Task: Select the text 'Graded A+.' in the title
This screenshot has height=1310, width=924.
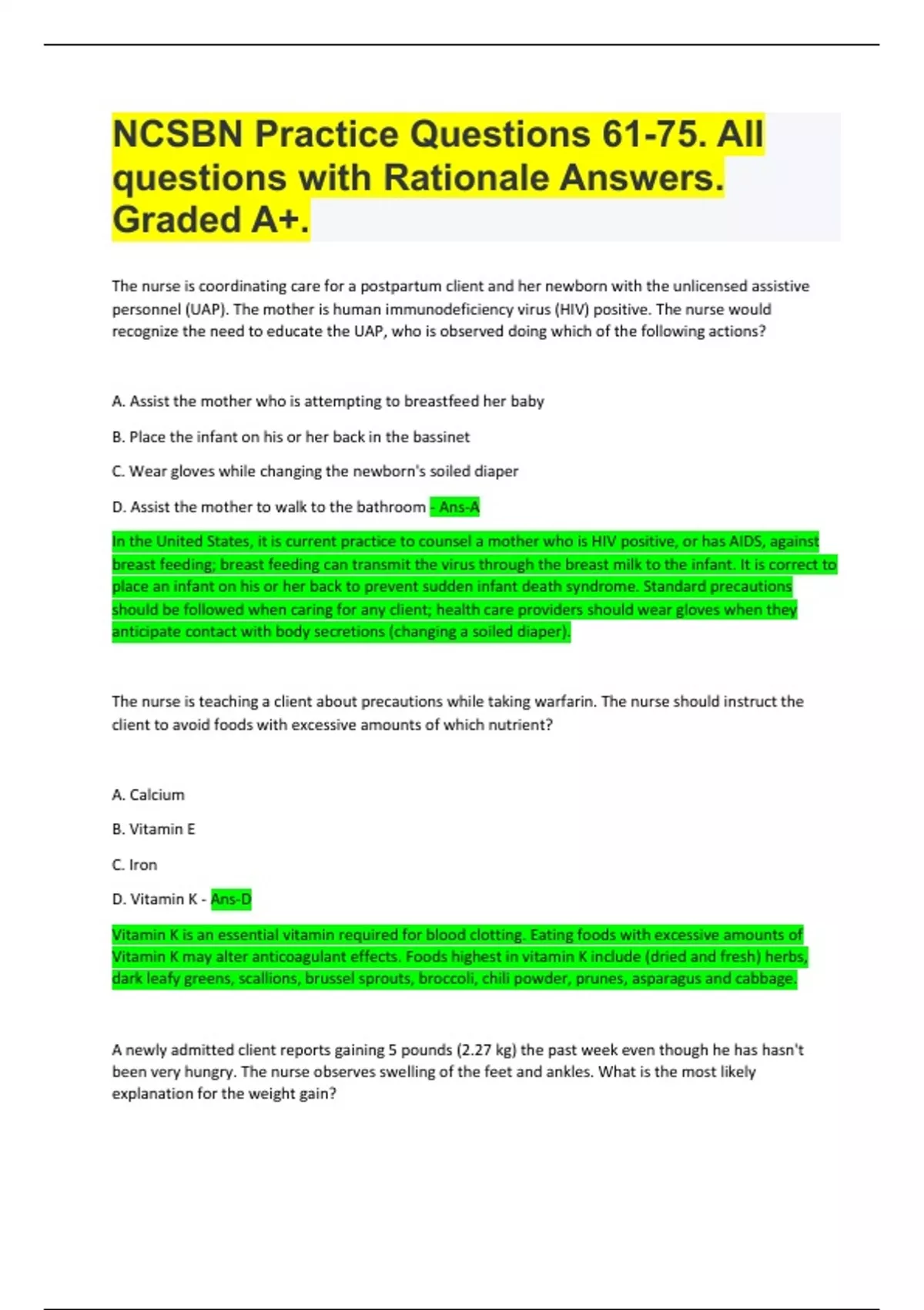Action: (210, 220)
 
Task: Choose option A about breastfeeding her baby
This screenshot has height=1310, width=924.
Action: (328, 401)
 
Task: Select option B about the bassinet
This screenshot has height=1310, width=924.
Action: (290, 437)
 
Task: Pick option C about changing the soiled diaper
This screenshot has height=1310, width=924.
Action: (315, 472)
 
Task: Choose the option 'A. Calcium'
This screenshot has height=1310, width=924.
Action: (148, 794)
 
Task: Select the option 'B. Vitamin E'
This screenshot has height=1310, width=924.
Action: (153, 829)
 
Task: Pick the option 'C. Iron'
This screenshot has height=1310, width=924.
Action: (134, 865)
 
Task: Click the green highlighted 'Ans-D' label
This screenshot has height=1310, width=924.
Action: (231, 899)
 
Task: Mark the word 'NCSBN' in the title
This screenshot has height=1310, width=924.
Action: (178, 135)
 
